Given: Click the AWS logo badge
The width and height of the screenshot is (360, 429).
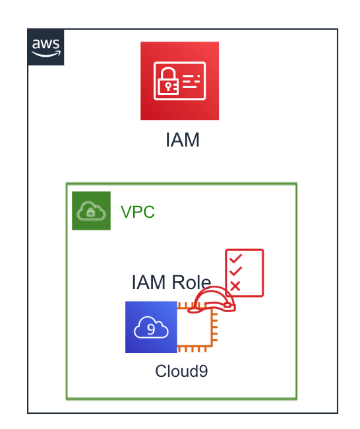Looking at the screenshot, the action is (45, 47).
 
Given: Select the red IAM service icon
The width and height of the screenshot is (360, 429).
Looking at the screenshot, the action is (179, 81).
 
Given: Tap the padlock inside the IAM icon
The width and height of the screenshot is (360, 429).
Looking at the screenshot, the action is (167, 81).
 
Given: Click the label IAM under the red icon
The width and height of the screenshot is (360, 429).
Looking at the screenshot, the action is (183, 140).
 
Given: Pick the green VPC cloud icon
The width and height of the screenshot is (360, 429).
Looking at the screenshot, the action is (91, 211).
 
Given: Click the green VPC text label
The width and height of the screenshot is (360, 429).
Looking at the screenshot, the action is (138, 212).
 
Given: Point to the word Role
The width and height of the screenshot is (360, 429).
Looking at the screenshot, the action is (191, 282).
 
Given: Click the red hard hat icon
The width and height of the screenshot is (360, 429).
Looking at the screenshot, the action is (212, 300).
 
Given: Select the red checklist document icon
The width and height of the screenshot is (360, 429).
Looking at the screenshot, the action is (245, 273).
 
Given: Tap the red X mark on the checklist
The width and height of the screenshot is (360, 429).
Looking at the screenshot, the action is (235, 286).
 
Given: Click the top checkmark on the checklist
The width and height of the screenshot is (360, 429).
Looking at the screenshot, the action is (235, 258).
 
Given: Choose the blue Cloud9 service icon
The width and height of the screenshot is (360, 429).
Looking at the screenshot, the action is (151, 327).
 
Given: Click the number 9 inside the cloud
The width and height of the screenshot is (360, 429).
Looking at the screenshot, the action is (151, 329).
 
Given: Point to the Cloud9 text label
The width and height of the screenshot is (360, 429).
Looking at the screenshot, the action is (181, 372).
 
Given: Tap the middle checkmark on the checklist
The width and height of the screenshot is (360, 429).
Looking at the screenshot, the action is (235, 271).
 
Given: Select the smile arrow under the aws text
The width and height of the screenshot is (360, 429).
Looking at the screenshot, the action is (46, 54).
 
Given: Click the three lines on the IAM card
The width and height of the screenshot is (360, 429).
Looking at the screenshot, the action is (191, 81).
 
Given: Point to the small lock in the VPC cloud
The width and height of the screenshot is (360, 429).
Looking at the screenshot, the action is (90, 213).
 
